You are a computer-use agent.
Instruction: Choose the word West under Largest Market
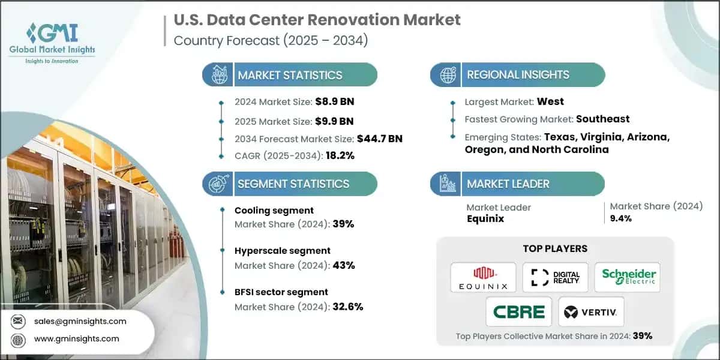point(550,101)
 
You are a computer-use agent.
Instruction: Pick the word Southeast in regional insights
point(602,119)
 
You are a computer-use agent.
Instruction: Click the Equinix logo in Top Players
point(483,277)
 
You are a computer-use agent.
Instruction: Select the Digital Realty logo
point(556,277)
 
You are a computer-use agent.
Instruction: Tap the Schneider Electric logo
point(628,277)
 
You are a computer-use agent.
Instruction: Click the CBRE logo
point(519,311)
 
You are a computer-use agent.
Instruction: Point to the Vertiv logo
point(592,311)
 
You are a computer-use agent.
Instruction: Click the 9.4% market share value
point(620,218)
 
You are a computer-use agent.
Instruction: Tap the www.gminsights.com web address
point(77,338)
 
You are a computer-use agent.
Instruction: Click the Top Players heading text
point(555,248)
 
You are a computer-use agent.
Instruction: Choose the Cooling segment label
point(274,210)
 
